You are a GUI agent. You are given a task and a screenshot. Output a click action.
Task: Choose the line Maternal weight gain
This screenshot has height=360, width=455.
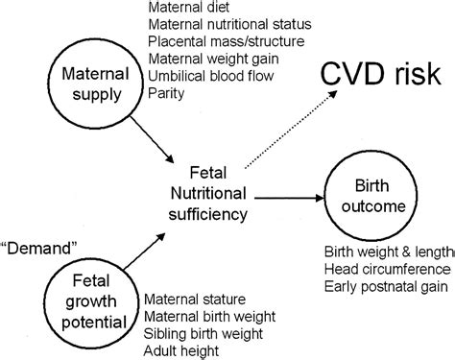(x=210, y=60)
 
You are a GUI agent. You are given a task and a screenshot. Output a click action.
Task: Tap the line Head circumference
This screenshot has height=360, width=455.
(x=383, y=270)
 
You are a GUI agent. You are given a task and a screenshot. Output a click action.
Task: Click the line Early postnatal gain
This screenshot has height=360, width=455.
(x=384, y=287)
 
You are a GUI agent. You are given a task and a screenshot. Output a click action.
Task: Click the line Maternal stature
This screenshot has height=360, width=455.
(x=197, y=300)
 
